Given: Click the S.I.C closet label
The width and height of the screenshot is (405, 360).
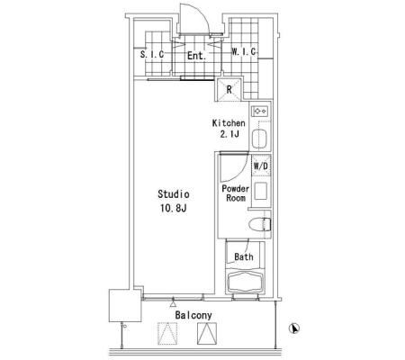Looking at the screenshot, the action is pyautogui.click(x=152, y=54).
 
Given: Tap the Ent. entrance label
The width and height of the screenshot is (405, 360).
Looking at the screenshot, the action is pyautogui.click(x=197, y=56).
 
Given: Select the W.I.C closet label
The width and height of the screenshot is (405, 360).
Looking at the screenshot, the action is pyautogui.click(x=244, y=51).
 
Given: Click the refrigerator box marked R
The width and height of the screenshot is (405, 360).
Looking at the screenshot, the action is pyautogui.click(x=229, y=89).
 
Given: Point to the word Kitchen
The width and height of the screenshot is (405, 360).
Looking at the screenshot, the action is pyautogui.click(x=229, y=123).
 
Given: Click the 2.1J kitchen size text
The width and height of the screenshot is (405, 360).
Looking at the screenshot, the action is pyautogui.click(x=229, y=134).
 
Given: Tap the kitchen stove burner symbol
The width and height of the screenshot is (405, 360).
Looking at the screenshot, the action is pyautogui.click(x=260, y=112).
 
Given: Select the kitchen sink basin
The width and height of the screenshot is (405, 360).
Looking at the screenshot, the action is pyautogui.click(x=259, y=139).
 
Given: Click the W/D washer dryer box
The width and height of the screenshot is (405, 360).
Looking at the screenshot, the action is pyautogui.click(x=261, y=166).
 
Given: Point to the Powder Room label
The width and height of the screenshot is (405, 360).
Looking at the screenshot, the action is pyautogui.click(x=236, y=193).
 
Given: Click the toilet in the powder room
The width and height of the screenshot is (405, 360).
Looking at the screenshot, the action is pyautogui.click(x=260, y=224).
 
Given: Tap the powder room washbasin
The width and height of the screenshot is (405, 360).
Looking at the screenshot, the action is pyautogui.click(x=261, y=191).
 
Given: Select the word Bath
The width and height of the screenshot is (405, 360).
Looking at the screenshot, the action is pyautogui.click(x=244, y=256).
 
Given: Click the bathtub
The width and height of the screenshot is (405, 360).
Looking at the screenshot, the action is pyautogui.click(x=246, y=283).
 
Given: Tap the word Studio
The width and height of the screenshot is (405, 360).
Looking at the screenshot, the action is pyautogui.click(x=174, y=194).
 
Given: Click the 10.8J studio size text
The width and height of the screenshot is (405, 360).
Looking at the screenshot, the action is pyautogui.click(x=174, y=208).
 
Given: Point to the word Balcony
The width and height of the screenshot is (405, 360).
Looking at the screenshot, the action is pyautogui.click(x=193, y=315).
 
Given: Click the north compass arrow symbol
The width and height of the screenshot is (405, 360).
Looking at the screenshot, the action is pyautogui.click(x=294, y=328).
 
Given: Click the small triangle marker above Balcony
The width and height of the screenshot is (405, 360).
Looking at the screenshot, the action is pyautogui.click(x=173, y=304).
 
